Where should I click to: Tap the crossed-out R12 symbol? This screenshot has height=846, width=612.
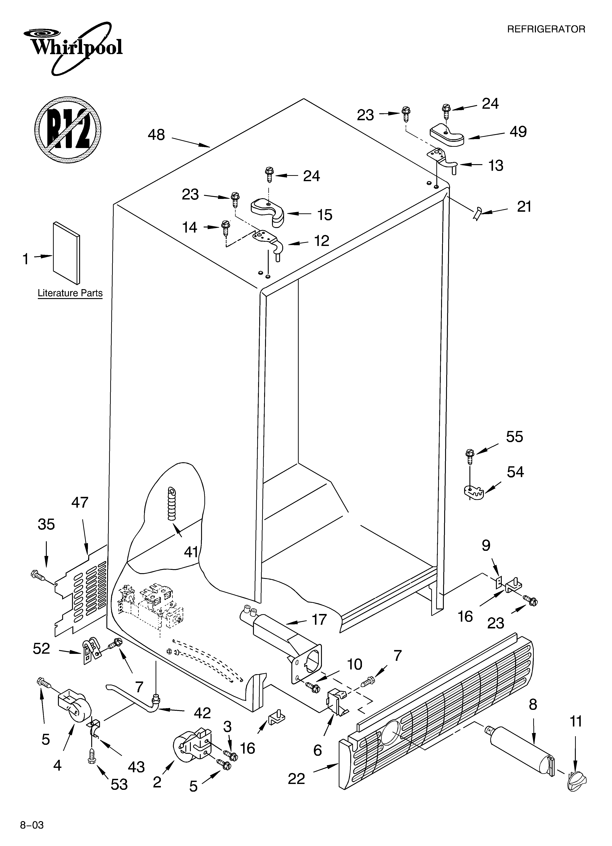tap(68, 129)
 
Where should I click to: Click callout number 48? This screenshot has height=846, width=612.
tap(156, 135)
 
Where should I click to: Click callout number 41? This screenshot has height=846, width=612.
tap(191, 552)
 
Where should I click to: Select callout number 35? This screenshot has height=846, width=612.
tap(46, 524)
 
